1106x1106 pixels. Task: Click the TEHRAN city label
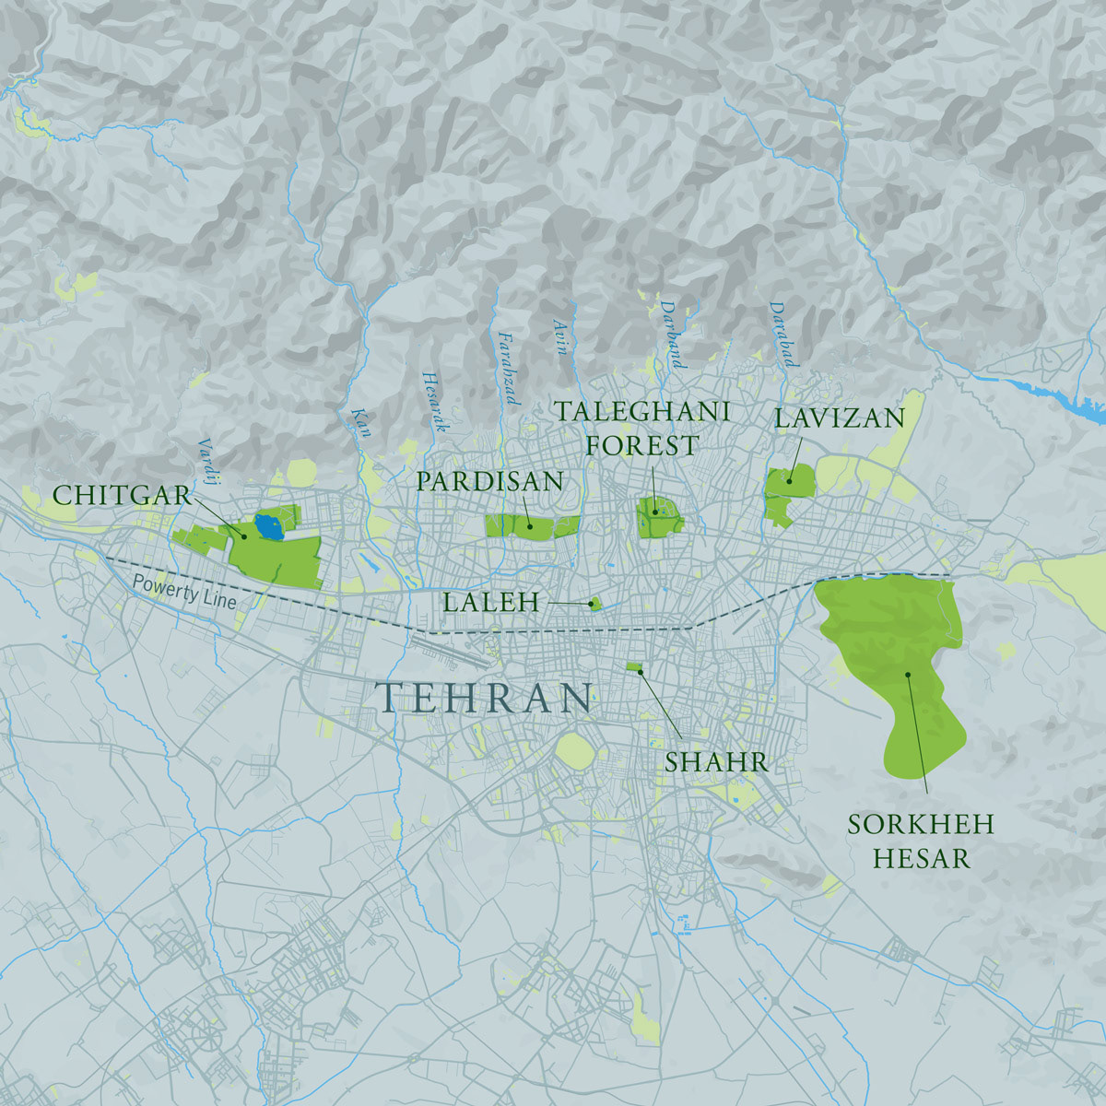click(485, 699)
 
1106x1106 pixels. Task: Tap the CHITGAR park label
click(122, 495)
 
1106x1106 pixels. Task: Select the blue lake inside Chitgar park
click(268, 528)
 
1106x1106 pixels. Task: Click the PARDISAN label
click(489, 480)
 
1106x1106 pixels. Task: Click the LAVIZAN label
click(840, 418)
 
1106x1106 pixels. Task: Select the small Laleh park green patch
click(595, 604)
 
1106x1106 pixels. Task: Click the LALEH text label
click(490, 603)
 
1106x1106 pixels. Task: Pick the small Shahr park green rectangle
click(634, 666)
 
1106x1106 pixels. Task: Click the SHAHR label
click(716, 762)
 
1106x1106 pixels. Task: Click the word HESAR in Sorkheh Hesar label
click(921, 859)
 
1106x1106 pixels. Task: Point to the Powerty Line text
click(183, 593)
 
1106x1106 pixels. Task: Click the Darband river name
click(672, 334)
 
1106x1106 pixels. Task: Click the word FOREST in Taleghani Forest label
click(642, 445)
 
